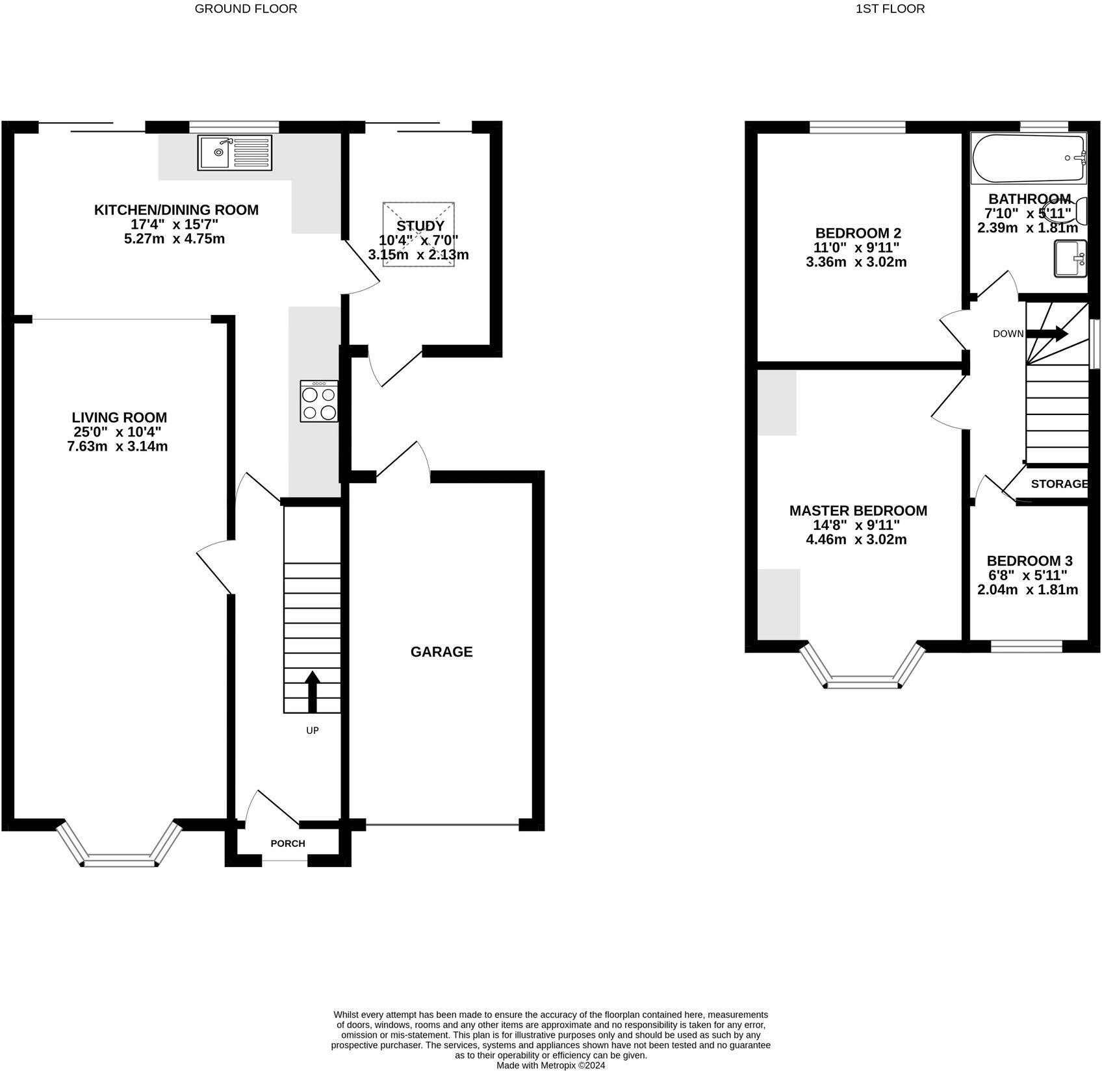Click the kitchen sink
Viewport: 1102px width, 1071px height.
click(x=235, y=153)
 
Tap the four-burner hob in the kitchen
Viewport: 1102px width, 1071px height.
click(x=319, y=401)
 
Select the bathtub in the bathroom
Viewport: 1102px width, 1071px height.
click(x=1028, y=158)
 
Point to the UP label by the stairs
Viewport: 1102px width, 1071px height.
click(x=313, y=730)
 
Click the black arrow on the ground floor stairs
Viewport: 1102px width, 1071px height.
click(x=313, y=692)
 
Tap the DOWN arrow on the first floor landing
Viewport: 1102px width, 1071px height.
click(x=1046, y=334)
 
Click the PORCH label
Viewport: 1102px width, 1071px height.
click(x=288, y=843)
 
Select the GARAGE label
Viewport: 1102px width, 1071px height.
click(x=442, y=651)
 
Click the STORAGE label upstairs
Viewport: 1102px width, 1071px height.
click(x=1059, y=483)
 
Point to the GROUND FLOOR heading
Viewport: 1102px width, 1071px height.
click(x=246, y=8)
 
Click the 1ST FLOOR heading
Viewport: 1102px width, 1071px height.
click(x=890, y=8)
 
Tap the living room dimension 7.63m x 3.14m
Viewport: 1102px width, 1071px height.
click(x=118, y=446)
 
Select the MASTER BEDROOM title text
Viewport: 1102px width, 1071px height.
click(x=858, y=510)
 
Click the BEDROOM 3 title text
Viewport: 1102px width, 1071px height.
click(x=1029, y=561)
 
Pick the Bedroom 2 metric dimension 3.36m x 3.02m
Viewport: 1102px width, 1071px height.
click(x=856, y=262)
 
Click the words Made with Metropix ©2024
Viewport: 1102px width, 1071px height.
click(x=551, y=1065)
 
